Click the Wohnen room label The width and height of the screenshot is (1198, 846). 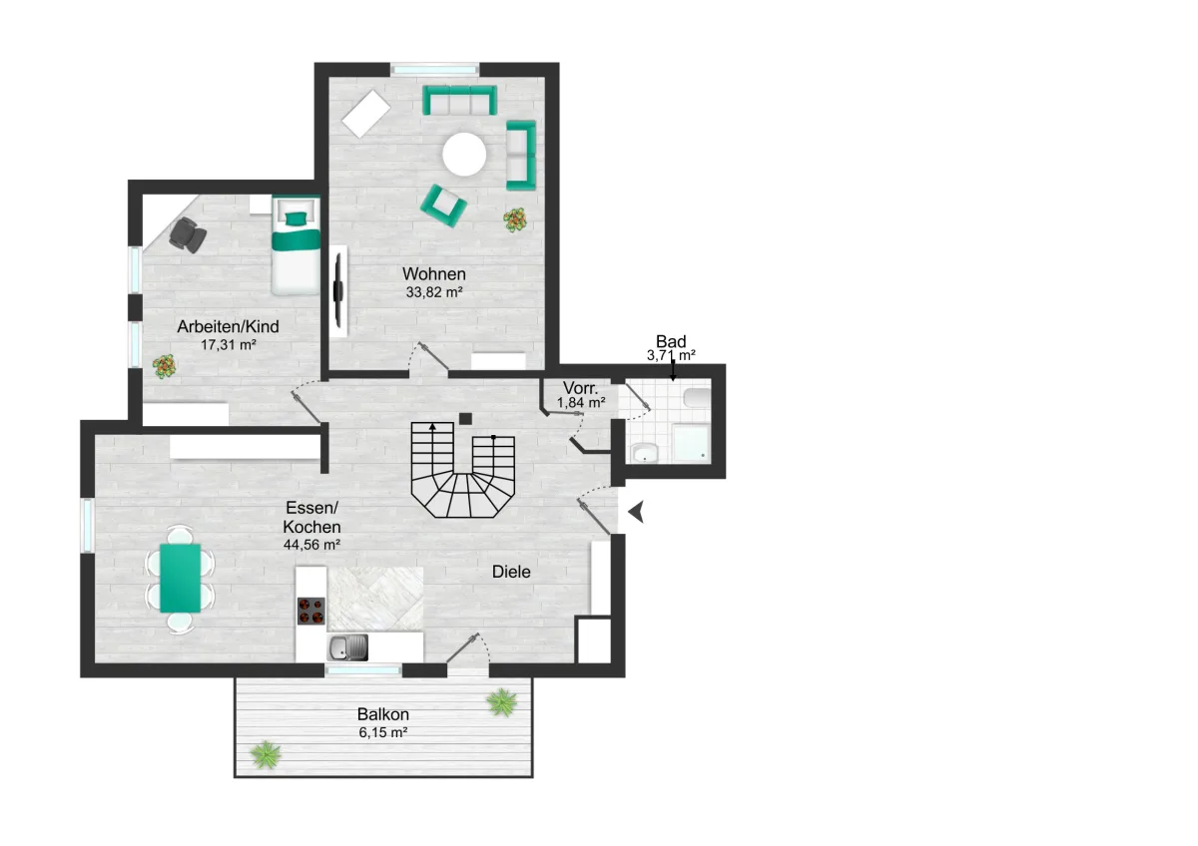[433, 274]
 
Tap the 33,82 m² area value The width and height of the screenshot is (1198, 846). [433, 292]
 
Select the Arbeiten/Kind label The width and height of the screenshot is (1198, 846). [228, 326]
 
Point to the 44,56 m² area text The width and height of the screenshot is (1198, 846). [311, 545]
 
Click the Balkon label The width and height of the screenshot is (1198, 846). [383, 714]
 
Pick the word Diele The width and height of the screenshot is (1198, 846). [511, 572]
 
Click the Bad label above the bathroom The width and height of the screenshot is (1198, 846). [671, 341]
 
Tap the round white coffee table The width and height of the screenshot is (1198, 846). [464, 154]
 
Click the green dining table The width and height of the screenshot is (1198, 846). [181, 578]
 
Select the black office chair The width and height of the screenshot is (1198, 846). [188, 234]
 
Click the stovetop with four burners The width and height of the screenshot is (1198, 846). [311, 612]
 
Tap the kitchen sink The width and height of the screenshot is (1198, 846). [347, 647]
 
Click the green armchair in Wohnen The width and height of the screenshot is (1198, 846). [443, 206]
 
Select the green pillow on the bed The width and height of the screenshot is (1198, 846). [296, 218]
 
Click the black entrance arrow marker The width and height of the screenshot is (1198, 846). [637, 512]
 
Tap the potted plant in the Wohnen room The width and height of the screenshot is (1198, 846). [514, 219]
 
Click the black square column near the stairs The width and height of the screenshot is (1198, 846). [465, 419]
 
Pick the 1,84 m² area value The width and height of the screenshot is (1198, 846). [581, 402]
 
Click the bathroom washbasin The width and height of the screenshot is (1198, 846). [645, 452]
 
